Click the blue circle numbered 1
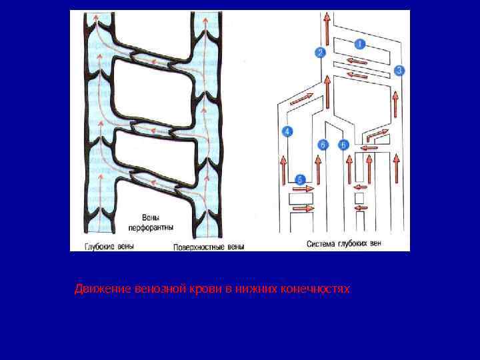tap(360, 45)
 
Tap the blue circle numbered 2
tap(321, 52)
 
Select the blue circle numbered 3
tap(399, 70)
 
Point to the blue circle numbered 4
tap(288, 131)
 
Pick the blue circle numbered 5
tap(300, 179)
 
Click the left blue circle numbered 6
tap(323, 145)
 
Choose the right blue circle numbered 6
tap(344, 145)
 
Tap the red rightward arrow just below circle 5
tap(303, 189)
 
